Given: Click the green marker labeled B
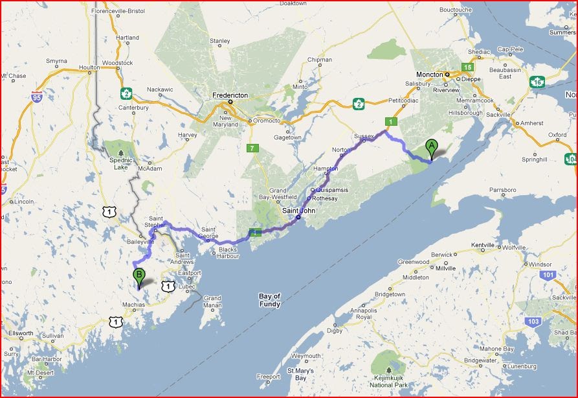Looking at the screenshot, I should coord(139,277).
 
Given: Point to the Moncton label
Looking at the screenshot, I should coord(428,75).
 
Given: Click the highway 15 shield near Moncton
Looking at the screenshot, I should coord(467,67).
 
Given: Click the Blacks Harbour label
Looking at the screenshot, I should coord(227,253).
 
